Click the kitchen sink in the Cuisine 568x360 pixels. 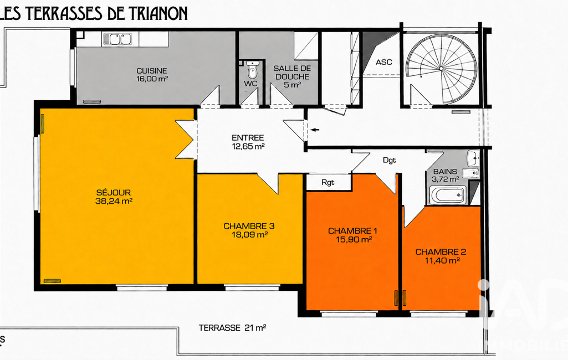117,39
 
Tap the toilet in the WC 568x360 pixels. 253,69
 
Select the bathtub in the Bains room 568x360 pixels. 448,195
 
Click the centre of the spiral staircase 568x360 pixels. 441,68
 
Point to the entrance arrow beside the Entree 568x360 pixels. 315,130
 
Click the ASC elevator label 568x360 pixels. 383,62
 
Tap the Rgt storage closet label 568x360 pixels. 328,183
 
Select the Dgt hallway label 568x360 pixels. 390,160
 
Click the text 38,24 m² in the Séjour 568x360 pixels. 114,201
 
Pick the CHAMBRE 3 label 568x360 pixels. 249,226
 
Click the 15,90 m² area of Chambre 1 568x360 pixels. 354,239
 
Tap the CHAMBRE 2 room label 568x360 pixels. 441,251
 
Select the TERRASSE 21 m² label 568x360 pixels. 232,328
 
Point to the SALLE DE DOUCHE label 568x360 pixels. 292,73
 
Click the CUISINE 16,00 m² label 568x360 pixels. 152,75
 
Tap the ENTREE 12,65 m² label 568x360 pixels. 248,142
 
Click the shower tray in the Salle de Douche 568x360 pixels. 306,45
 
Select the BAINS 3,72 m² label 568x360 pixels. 445,175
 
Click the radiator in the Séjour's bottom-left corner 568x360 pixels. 52,281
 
